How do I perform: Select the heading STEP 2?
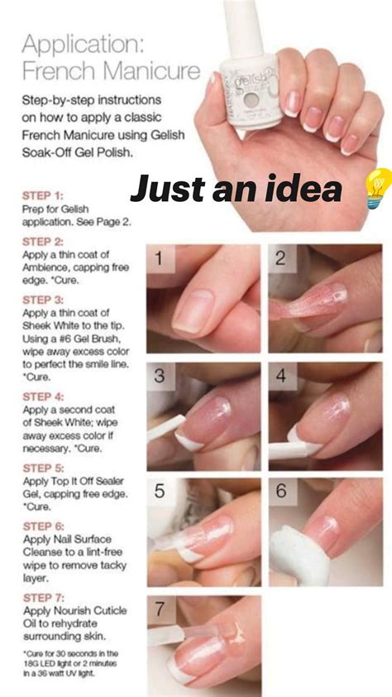[x=42, y=242]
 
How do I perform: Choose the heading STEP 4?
[x=42, y=397]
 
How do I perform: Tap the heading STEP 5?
[x=42, y=468]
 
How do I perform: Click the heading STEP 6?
[x=42, y=526]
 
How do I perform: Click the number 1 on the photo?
[x=163, y=259]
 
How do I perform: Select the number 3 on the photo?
[x=160, y=376]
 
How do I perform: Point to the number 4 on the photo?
[x=281, y=376]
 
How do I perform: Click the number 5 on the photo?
[x=160, y=492]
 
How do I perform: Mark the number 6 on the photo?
[x=281, y=491]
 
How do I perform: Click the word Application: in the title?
[x=79, y=43]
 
